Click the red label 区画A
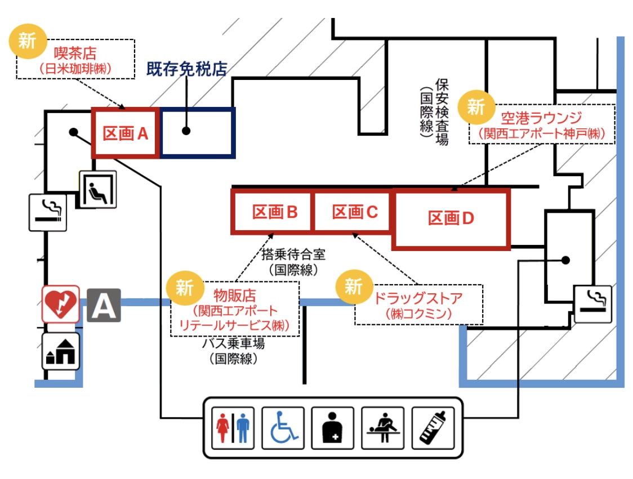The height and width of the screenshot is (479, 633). click(124, 133)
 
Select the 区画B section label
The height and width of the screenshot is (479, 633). click(274, 212)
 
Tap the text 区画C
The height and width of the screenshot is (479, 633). click(354, 212)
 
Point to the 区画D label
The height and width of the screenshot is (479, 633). click(451, 218)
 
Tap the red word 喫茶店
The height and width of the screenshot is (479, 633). click(75, 54)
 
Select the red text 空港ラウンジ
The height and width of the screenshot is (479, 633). click(541, 118)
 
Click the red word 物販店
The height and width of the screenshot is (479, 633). click(235, 295)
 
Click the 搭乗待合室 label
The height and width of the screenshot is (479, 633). click(293, 254)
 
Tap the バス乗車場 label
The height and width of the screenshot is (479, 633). click(234, 343)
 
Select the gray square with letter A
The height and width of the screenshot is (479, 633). click(104, 305)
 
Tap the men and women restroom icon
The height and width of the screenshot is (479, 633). click(233, 427)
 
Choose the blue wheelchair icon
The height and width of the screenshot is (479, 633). click(283, 427)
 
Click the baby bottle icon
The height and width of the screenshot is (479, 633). click(433, 427)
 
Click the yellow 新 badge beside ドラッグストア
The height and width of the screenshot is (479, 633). click(353, 286)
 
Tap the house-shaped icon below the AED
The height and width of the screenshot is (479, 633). click(61, 351)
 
